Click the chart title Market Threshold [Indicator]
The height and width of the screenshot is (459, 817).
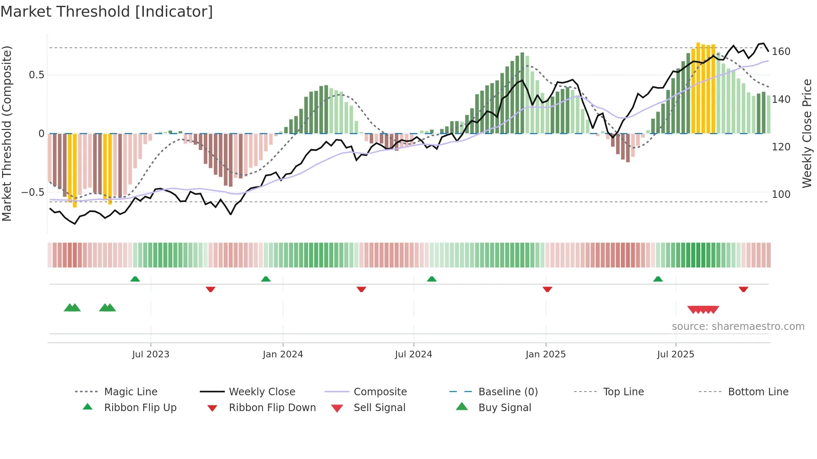pos(107,12)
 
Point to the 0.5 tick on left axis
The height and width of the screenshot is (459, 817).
pos(36,75)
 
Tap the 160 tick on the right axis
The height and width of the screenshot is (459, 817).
pos(781,52)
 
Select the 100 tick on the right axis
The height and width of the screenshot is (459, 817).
pos(781,195)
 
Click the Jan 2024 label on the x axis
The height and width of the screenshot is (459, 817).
pos(283,354)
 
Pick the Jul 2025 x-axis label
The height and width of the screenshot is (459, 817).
pos(675,354)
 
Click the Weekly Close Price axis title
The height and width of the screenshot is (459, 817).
pos(807,133)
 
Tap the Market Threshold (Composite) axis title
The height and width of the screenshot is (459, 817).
pos(7,133)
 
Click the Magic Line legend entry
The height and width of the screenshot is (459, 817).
pos(130,392)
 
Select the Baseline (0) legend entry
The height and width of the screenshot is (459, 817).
pos(508,392)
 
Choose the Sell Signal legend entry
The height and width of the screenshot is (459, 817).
pos(379,408)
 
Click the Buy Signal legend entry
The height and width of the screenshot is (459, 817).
pos(504,408)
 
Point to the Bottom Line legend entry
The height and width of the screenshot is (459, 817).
pos(758,392)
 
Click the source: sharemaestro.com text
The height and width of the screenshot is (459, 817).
pos(738,327)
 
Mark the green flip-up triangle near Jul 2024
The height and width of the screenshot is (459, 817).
pos(432,279)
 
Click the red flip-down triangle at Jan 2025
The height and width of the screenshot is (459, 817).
pos(547,289)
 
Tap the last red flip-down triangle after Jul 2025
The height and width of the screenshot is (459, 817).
pos(743,289)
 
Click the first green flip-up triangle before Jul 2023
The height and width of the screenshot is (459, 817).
pos(135,279)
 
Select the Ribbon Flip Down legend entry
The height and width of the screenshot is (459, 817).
pos(272,408)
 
